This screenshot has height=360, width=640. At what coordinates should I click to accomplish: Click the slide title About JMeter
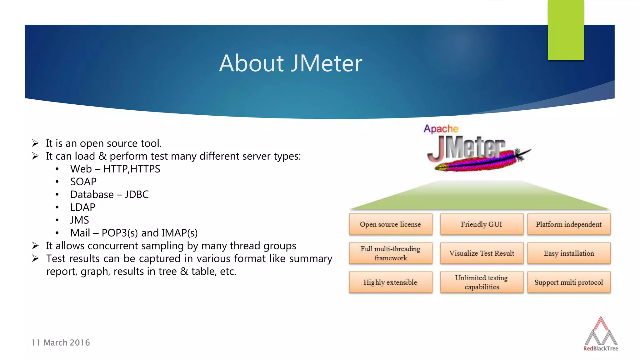(x=290, y=63)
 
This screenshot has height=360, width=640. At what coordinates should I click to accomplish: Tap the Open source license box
(x=390, y=224)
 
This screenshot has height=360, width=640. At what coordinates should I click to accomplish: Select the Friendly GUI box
(x=481, y=224)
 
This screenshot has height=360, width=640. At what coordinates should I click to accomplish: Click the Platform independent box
(x=568, y=224)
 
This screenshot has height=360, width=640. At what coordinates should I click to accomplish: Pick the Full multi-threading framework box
(x=390, y=253)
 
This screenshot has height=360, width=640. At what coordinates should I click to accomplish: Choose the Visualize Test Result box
(x=481, y=253)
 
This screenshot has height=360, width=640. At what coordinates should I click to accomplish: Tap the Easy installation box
(x=568, y=253)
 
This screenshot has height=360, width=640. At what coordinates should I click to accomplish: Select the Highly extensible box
(x=390, y=282)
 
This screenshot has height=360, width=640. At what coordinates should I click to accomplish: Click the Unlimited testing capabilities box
(x=481, y=282)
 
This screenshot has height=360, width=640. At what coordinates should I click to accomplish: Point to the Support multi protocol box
(x=568, y=282)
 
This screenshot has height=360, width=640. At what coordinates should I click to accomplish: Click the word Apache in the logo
(x=441, y=129)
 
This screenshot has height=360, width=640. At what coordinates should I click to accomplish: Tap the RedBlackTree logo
(x=601, y=334)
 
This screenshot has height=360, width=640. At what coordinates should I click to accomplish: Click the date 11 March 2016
(x=61, y=343)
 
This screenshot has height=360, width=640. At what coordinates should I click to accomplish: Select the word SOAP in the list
(x=83, y=182)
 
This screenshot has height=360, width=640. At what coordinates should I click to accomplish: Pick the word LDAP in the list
(x=82, y=207)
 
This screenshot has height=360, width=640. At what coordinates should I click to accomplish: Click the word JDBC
(x=137, y=194)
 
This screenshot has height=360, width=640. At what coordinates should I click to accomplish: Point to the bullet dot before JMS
(x=57, y=220)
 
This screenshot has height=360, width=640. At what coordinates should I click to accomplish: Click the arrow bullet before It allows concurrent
(x=35, y=246)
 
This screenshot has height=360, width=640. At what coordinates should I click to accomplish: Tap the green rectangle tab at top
(x=566, y=30)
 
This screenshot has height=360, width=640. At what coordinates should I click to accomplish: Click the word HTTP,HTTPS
(x=132, y=169)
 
